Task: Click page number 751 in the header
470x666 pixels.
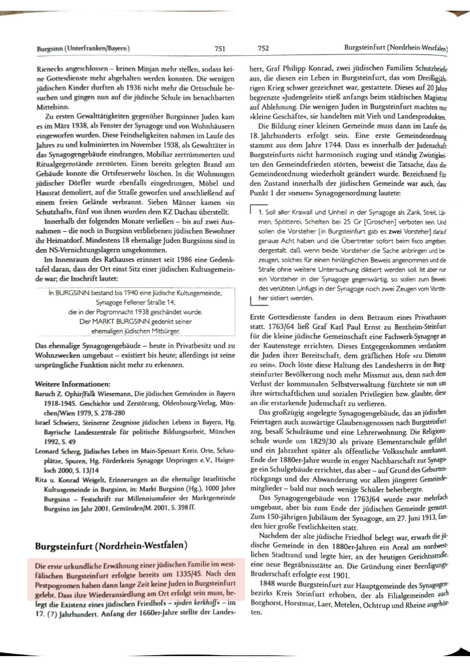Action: [220, 48]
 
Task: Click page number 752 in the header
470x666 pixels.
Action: [263, 48]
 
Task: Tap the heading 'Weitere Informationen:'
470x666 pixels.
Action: [73, 384]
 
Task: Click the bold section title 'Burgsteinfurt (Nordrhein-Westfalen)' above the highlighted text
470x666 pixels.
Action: [111, 546]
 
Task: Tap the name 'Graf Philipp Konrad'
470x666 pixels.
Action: [297, 69]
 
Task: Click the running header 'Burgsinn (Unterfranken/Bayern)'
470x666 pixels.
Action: [84, 48]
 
